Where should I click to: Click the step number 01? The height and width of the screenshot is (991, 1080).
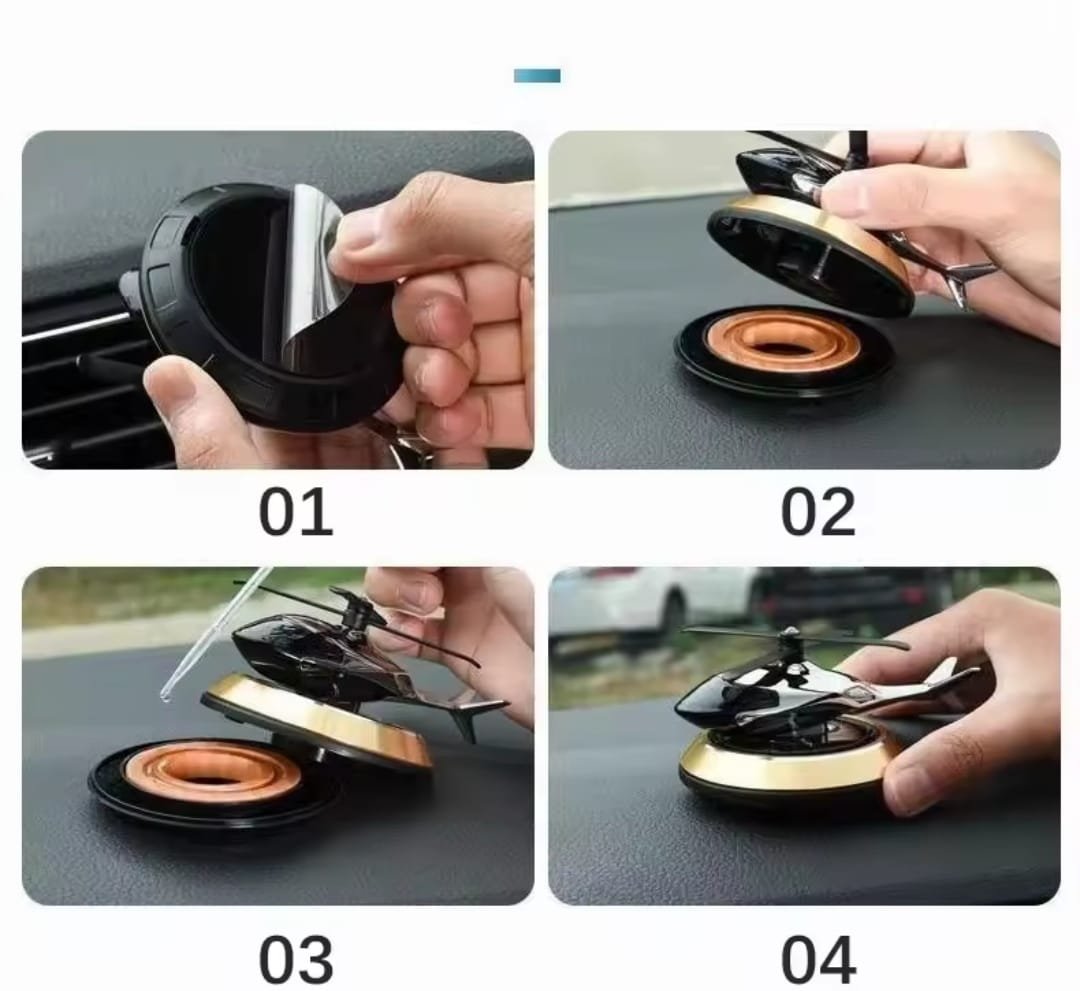295,512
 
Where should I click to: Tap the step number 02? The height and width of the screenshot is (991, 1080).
818,512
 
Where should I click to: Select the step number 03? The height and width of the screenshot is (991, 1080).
296,959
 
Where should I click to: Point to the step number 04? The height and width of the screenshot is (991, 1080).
819,959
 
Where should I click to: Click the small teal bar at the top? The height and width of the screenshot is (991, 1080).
537,76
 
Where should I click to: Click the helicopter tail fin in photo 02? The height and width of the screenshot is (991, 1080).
964,275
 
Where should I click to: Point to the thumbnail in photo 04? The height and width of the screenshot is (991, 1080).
909,785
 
